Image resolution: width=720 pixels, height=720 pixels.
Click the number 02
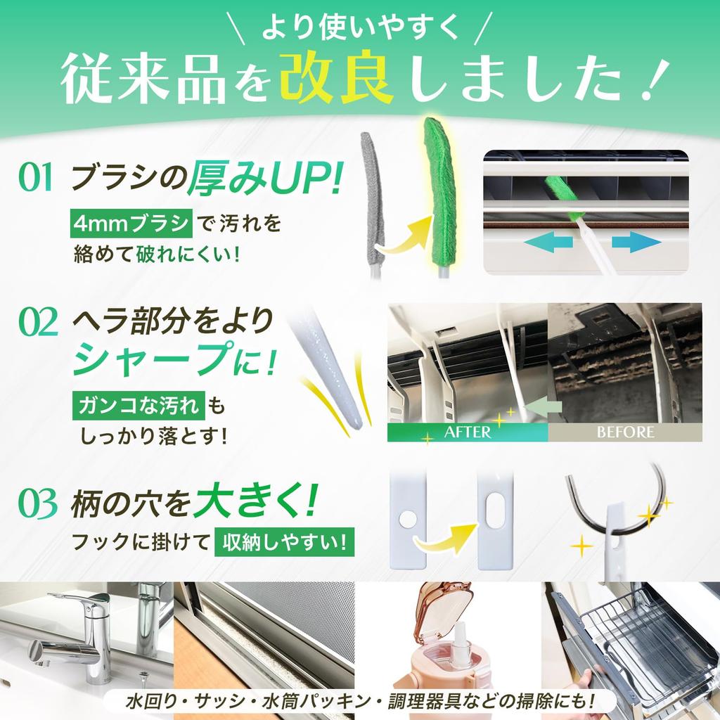click(x=37, y=324)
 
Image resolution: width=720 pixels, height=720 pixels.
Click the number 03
click(x=37, y=504)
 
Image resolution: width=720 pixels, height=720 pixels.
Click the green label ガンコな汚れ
click(x=138, y=406)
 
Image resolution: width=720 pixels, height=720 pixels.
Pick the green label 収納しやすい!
click(x=284, y=541)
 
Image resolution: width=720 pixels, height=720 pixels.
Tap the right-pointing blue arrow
click(x=636, y=243)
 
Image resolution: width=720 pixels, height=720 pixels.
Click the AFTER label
click(x=467, y=432)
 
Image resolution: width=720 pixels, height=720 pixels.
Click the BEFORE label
click(x=625, y=432)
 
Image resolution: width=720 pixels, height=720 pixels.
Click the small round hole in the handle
click(x=406, y=519)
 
